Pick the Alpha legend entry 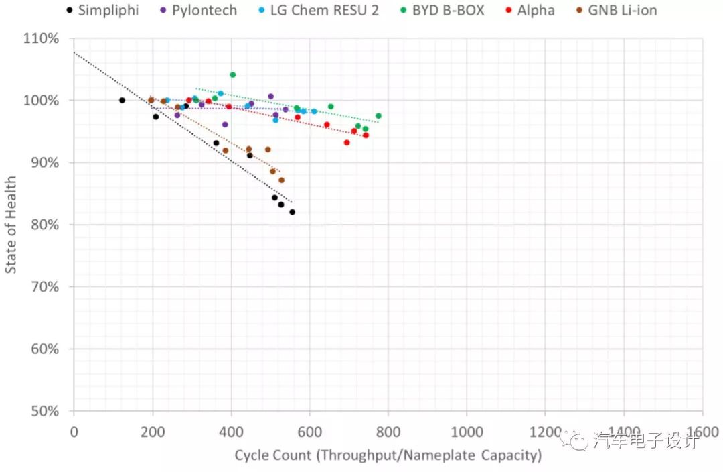[536, 10]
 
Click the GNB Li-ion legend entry [622, 10]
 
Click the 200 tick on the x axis [152, 430]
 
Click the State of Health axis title [11, 225]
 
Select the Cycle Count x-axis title [388, 455]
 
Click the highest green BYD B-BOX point [232, 74]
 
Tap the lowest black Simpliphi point [292, 212]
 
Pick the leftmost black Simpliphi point [122, 100]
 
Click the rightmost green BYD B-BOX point [378, 116]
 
